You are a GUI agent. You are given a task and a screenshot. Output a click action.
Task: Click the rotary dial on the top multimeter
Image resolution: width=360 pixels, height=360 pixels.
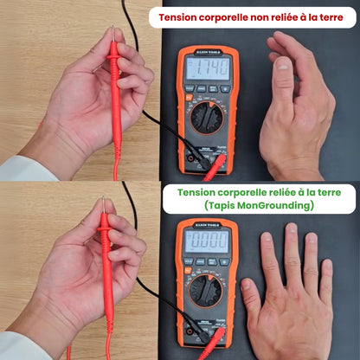point(206,115)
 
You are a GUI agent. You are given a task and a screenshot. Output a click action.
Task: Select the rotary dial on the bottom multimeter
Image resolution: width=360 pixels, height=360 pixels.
point(206,292)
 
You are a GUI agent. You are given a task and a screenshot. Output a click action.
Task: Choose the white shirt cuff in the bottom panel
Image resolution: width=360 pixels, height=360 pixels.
point(22,346)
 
